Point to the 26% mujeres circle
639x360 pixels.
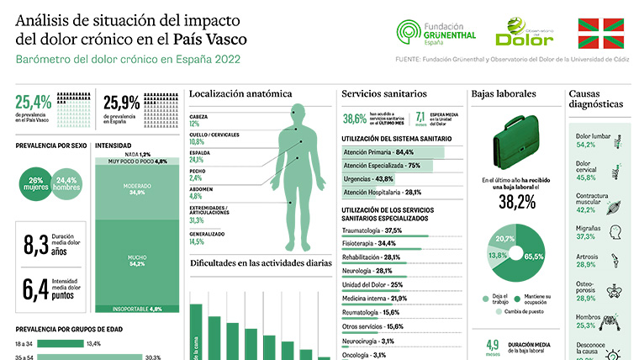coord(35,184)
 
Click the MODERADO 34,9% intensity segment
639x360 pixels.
coord(137,189)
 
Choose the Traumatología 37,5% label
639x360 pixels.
coord(372,230)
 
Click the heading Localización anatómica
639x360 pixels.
coord(240,93)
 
